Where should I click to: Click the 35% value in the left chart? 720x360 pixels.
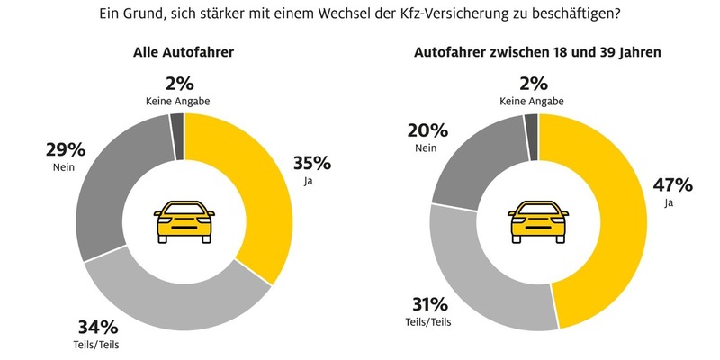pos(312,163)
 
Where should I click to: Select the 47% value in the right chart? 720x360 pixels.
pos(672,186)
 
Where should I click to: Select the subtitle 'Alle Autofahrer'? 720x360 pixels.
pos(184,53)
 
